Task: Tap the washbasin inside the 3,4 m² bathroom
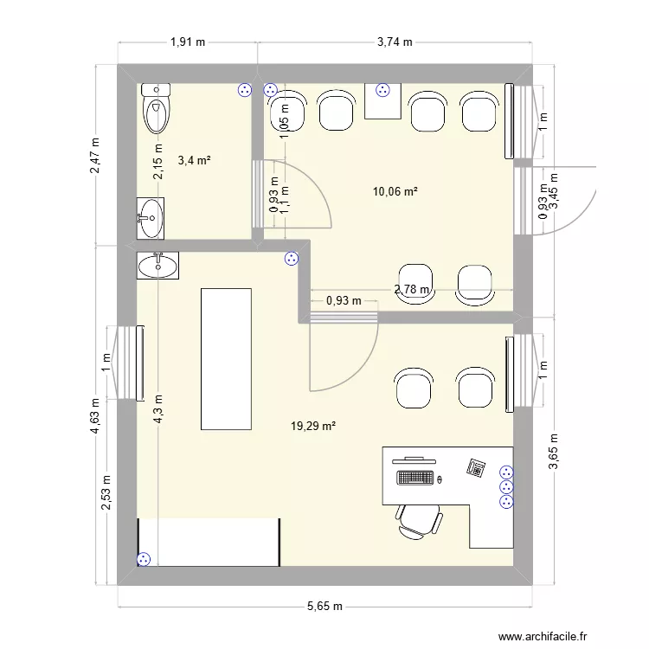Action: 151,217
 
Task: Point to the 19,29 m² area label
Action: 313,426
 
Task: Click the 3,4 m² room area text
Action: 195,160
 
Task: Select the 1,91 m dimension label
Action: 188,41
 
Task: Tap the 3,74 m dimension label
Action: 395,41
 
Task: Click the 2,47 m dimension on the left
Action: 96,156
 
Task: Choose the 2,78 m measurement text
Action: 412,290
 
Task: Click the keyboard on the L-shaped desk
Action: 416,478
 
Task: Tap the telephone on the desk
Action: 476,467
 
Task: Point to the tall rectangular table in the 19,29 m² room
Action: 226,358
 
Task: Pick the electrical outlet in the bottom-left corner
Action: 144,560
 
